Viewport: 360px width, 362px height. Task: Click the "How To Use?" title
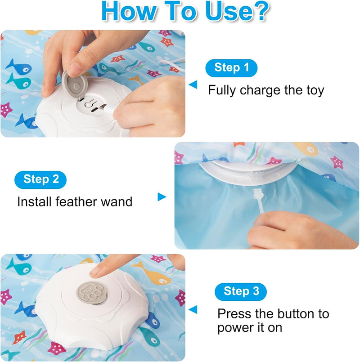pyautogui.click(x=185, y=11)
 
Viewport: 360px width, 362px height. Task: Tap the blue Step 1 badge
pyautogui.click(x=231, y=68)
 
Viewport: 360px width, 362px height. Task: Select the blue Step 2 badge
pyautogui.click(x=40, y=179)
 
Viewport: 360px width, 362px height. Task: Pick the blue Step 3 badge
pyautogui.click(x=241, y=291)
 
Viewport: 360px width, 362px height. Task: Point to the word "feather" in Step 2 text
pyautogui.click(x=76, y=201)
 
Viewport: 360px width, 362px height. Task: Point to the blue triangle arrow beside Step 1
pyautogui.click(x=193, y=84)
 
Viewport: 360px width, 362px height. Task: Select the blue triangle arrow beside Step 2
pyautogui.click(x=162, y=197)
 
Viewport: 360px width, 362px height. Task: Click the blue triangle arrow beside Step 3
pyautogui.click(x=193, y=309)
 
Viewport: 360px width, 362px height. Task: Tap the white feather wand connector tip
pyautogui.click(x=258, y=194)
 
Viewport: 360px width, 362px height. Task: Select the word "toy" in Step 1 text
pyautogui.click(x=315, y=90)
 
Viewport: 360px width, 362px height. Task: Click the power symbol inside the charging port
pyautogui.click(x=90, y=103)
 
